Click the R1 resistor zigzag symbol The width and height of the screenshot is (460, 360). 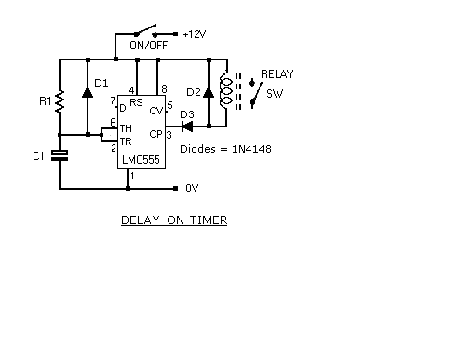tap(60, 101)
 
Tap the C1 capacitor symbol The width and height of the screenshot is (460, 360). tap(60, 155)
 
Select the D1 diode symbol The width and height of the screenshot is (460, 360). tap(88, 92)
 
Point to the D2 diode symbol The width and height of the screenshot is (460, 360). tap(209, 92)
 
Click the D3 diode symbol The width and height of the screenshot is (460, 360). tap(187, 127)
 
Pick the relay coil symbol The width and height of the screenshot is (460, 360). tap(225, 91)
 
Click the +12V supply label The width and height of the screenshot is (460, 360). tap(195, 33)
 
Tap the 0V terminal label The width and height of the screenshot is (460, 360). tap(192, 188)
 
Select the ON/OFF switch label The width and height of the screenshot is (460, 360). tap(149, 46)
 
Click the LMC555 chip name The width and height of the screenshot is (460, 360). tap(141, 160)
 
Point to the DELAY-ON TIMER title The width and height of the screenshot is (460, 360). tap(174, 220)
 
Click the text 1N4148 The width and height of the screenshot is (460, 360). tap(251, 149)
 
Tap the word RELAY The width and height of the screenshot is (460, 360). tap(277, 74)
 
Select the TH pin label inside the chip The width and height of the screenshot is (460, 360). tap(126, 128)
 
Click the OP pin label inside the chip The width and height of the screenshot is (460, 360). tap(156, 134)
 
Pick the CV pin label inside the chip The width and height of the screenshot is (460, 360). tap(156, 111)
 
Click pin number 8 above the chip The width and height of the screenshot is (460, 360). tap(164, 89)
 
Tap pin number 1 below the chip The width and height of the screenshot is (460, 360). tap(132, 176)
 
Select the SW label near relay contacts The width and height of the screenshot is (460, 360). tap(275, 93)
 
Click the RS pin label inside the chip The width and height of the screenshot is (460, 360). tap(136, 102)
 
